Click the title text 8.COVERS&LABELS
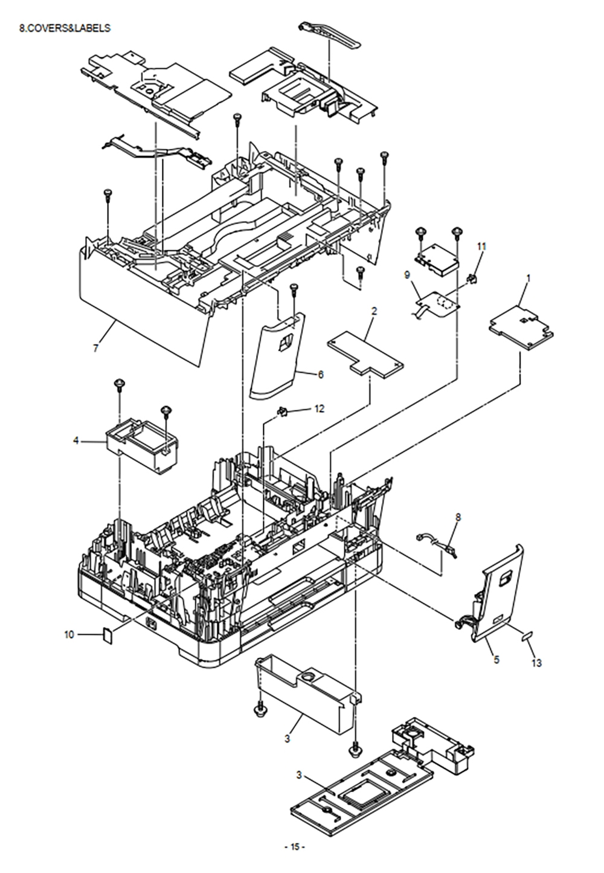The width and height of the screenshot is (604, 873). point(65,28)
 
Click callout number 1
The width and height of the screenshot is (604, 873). point(528,279)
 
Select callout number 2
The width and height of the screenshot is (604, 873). point(374,311)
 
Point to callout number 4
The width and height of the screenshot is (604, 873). point(76,441)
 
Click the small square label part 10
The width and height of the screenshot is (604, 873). point(108,636)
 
